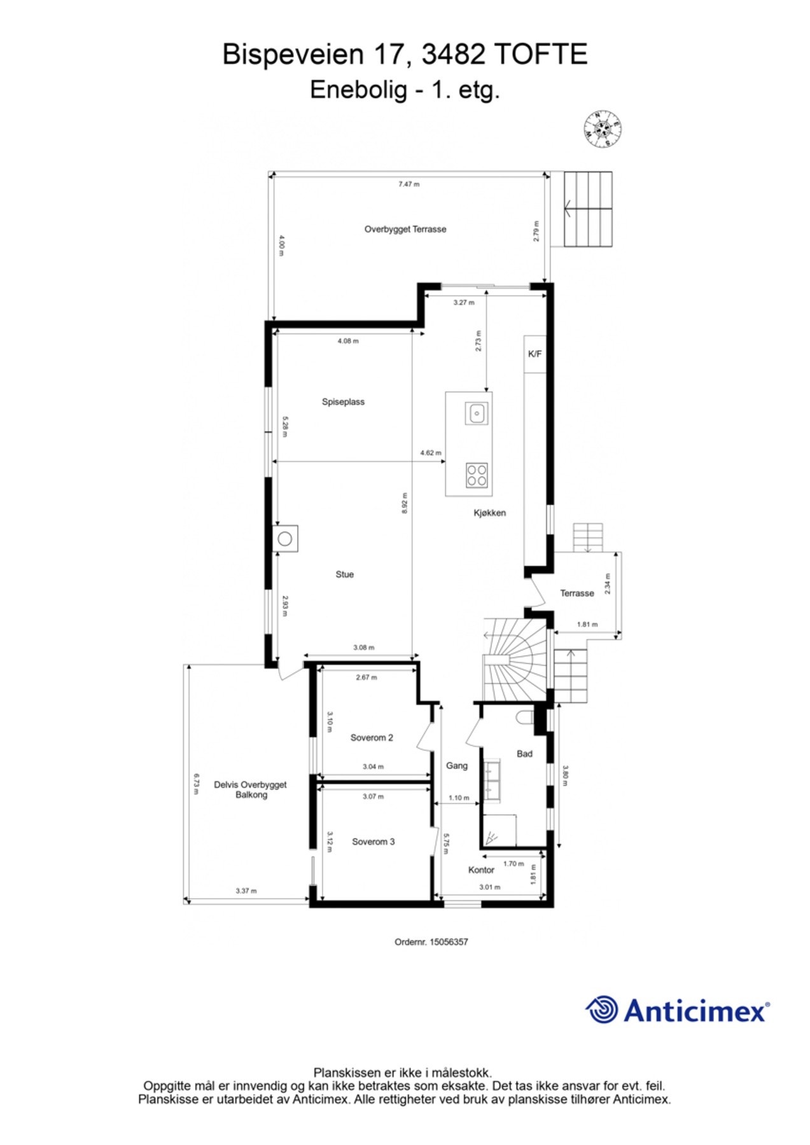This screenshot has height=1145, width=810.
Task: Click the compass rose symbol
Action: pyautogui.click(x=602, y=129)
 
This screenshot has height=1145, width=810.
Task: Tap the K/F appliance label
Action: pyautogui.click(x=534, y=354)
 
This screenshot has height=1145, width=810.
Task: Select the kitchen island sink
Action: pyautogui.click(x=477, y=413)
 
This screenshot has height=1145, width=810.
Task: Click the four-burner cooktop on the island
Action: pyautogui.click(x=477, y=475)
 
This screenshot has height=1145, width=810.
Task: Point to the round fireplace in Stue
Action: pyautogui.click(x=285, y=539)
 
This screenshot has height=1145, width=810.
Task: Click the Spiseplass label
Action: pyautogui.click(x=343, y=402)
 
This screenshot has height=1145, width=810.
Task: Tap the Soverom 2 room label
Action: pyautogui.click(x=372, y=738)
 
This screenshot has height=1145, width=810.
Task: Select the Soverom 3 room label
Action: pyautogui.click(x=373, y=842)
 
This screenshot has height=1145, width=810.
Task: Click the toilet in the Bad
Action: pyautogui.click(x=525, y=718)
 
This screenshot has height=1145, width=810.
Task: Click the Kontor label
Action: pyautogui.click(x=481, y=870)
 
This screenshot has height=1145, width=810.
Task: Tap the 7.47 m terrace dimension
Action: pyautogui.click(x=408, y=184)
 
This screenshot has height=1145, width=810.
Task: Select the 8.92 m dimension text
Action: pyautogui.click(x=405, y=503)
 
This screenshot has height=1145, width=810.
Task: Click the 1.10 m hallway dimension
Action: pyautogui.click(x=459, y=798)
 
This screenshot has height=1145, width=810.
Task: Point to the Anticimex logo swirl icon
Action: pyautogui.click(x=601, y=1010)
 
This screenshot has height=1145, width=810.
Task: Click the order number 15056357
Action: pyautogui.click(x=449, y=942)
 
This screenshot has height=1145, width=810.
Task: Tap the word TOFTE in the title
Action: pyautogui.click(x=540, y=55)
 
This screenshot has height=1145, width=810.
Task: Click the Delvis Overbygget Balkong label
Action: pyautogui.click(x=250, y=789)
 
